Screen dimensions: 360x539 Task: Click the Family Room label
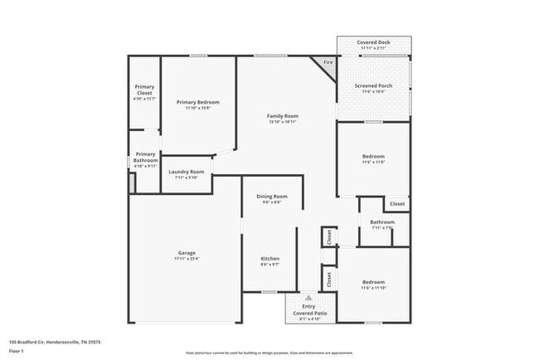pyautogui.click(x=282, y=115)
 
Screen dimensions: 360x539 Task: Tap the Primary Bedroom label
pyautogui.click(x=197, y=102)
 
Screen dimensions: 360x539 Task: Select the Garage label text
pyautogui.click(x=186, y=252)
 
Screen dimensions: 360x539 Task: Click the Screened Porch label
pyautogui.click(x=373, y=85)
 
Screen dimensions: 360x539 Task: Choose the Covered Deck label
pyautogui.click(x=373, y=41)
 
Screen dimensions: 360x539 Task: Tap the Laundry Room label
pyautogui.click(x=186, y=172)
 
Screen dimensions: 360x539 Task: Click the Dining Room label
pyautogui.click(x=271, y=196)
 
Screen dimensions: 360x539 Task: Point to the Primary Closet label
pyautogui.click(x=144, y=90)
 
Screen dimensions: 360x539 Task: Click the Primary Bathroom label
pyautogui.click(x=145, y=157)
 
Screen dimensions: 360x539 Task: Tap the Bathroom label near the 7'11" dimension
pyautogui.click(x=382, y=221)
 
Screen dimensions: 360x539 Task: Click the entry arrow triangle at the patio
pyautogui.click(x=308, y=297)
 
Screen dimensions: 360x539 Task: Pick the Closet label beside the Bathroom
pyautogui.click(x=397, y=203)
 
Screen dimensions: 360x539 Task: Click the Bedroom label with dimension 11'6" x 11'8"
pyautogui.click(x=373, y=156)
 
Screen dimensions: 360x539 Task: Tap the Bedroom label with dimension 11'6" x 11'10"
pyautogui.click(x=373, y=282)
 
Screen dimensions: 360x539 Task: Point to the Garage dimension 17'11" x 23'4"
pyautogui.click(x=186, y=259)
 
